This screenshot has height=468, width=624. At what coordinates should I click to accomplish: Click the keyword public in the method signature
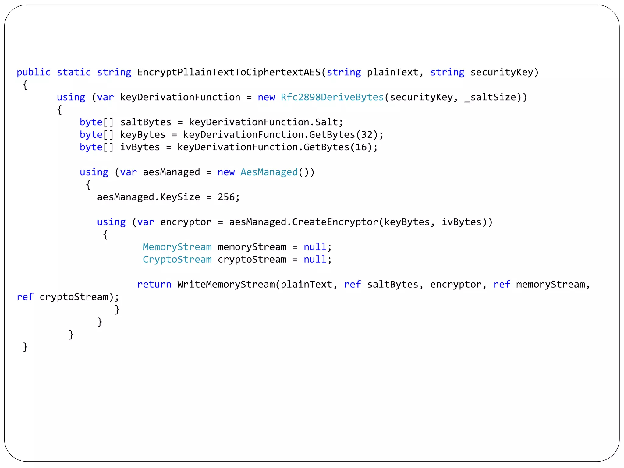click(34, 73)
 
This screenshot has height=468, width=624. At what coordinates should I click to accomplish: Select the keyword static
click(74, 73)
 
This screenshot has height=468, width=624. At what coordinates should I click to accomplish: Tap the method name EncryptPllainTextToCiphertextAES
click(229, 73)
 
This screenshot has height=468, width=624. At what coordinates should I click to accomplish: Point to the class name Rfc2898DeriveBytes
click(332, 97)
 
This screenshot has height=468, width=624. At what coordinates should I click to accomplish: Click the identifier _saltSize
click(491, 97)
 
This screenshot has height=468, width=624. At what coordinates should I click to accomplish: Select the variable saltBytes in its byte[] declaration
click(146, 122)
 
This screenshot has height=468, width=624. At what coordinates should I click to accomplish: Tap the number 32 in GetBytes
click(367, 135)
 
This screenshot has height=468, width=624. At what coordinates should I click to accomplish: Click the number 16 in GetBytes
click(361, 147)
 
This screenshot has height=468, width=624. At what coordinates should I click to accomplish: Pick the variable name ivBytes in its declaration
click(140, 147)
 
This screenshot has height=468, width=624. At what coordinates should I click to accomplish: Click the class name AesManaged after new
click(269, 172)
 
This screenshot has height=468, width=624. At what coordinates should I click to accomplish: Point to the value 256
click(226, 197)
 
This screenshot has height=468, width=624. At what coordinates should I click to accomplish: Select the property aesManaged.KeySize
click(148, 197)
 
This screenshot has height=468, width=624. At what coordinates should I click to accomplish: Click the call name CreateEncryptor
click(335, 222)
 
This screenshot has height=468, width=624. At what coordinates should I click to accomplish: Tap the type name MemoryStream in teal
click(177, 247)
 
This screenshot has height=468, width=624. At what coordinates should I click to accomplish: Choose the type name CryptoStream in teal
click(177, 260)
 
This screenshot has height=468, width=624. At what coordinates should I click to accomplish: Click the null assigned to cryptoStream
click(315, 260)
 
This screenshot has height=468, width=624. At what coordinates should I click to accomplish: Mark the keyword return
click(154, 285)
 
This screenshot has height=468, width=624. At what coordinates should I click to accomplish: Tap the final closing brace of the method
click(25, 347)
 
